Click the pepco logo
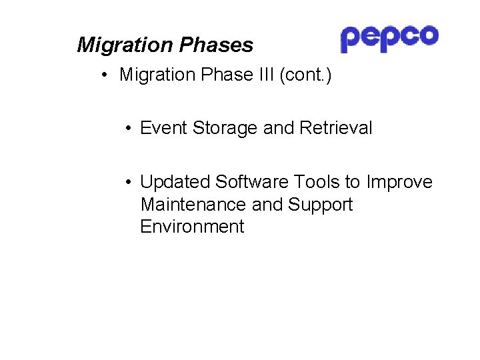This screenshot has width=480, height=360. [x=389, y=38]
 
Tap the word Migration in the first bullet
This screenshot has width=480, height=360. [x=156, y=75]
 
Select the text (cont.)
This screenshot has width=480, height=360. [x=305, y=75]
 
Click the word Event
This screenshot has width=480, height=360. [x=164, y=128]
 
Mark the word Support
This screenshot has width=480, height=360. [x=320, y=204]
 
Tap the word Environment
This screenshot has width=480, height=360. [x=192, y=227]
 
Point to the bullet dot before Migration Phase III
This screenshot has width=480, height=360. [x=106, y=75]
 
